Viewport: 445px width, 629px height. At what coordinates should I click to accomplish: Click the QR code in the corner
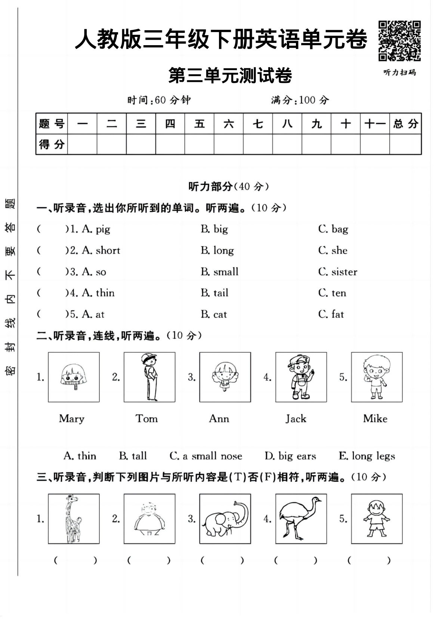(399, 41)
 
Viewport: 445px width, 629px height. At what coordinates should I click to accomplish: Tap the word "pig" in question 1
(103, 229)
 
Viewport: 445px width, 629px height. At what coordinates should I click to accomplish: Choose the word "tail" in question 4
(220, 293)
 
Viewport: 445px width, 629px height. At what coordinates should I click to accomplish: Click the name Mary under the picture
(72, 419)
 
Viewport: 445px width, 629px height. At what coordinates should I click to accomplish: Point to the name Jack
(296, 419)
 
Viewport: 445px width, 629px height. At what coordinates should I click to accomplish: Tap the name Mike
(375, 419)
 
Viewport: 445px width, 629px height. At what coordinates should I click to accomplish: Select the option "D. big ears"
(290, 456)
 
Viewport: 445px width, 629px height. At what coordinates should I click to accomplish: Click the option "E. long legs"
(367, 456)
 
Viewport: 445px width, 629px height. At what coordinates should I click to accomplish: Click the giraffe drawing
(74, 518)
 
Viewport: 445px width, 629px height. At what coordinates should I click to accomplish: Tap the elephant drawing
(225, 518)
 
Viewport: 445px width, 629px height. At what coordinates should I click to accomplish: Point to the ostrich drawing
(301, 518)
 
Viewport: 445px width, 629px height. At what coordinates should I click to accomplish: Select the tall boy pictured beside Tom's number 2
(149, 377)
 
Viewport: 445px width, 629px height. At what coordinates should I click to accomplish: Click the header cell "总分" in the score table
(405, 124)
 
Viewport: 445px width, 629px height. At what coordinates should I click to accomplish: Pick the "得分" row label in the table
(52, 144)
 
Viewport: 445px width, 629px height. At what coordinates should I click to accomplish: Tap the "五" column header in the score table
(199, 124)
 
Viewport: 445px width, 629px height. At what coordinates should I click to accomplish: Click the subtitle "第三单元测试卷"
(230, 75)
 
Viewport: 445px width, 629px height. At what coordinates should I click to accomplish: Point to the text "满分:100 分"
(300, 100)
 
